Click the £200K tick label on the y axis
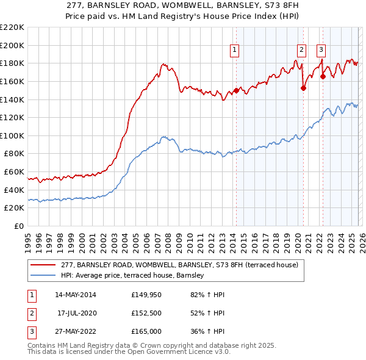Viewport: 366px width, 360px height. pyautogui.click(x=12, y=45)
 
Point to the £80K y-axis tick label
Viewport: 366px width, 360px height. pyautogui.click(x=13, y=154)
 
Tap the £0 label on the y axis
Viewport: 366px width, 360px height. pyautogui.click(x=18, y=226)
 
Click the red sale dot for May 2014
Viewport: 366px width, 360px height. pyautogui.click(x=236, y=91)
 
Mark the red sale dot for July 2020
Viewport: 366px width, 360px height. pyautogui.click(x=303, y=88)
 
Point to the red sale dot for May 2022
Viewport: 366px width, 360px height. pyautogui.click(x=323, y=76)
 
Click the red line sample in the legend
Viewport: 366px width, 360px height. pyautogui.click(x=43, y=265)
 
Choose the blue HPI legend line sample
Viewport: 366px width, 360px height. pyautogui.click(x=43, y=276)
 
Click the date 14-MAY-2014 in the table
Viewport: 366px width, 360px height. pyautogui.click(x=75, y=295)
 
